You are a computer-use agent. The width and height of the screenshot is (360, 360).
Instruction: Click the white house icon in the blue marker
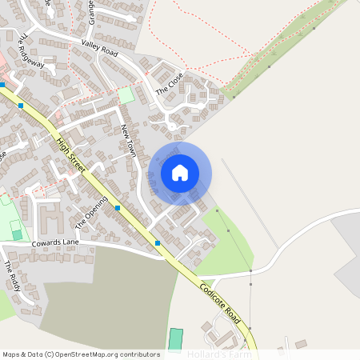(x=180, y=172)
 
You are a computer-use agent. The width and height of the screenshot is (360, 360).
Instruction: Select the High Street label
(x=71, y=151)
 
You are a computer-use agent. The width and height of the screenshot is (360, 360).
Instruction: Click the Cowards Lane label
(x=56, y=242)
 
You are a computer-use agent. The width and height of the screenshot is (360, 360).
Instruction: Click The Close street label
(x=170, y=84)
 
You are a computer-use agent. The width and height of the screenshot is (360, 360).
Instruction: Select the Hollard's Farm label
(x=219, y=354)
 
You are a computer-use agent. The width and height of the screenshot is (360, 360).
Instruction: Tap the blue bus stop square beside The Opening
(x=118, y=208)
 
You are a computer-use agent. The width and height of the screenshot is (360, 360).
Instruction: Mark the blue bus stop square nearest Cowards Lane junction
(x=158, y=242)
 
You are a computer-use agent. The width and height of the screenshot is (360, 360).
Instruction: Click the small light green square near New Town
(x=126, y=94)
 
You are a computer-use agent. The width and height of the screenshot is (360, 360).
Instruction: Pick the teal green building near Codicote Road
(x=176, y=339)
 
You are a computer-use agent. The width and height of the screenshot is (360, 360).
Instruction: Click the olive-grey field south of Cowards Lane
(x=108, y=296)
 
